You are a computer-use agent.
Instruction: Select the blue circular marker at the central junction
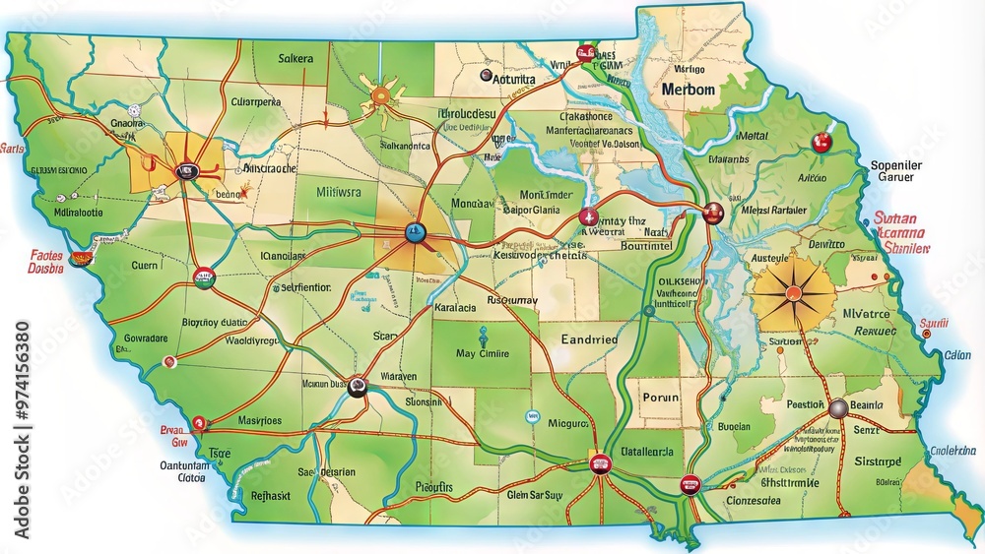point(415,233)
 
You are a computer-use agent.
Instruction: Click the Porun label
point(660,398)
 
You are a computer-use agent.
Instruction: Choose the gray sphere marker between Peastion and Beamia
point(837,408)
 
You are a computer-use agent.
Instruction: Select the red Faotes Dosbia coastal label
point(45,262)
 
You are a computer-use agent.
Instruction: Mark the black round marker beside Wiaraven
point(358,387)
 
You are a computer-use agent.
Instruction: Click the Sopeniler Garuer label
point(895,171)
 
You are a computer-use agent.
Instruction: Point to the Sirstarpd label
point(878,461)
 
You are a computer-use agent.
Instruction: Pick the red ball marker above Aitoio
point(820,144)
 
